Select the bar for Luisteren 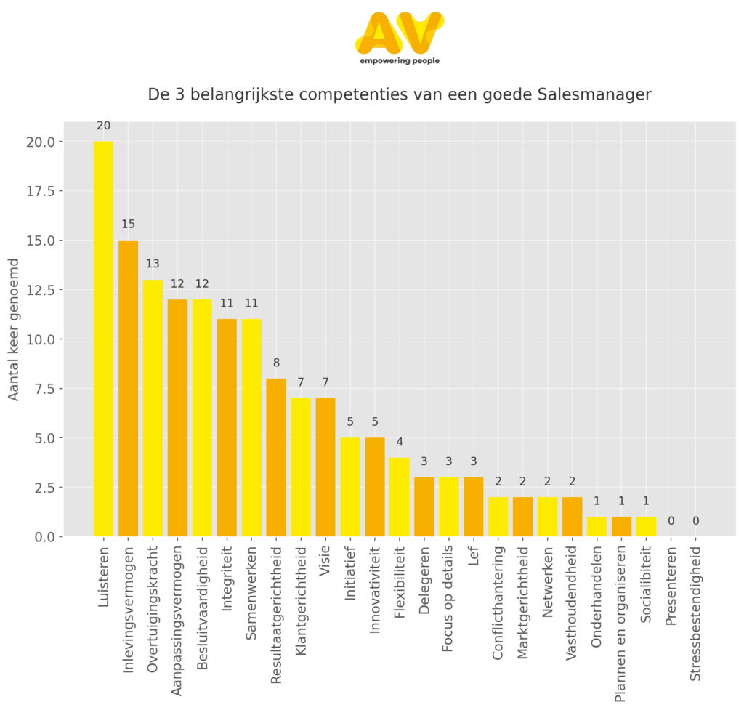point(103,339)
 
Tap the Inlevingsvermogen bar point(128,388)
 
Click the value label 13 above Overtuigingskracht point(153,264)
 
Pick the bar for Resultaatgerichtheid point(276,457)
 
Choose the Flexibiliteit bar point(400,496)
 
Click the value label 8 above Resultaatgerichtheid point(276,363)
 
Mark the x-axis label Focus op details point(448,589)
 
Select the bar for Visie point(325,467)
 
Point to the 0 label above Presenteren point(671,521)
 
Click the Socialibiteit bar point(646,526)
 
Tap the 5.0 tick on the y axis point(42,438)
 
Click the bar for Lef point(473,507)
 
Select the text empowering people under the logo point(399,62)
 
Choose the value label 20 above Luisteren point(103,126)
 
